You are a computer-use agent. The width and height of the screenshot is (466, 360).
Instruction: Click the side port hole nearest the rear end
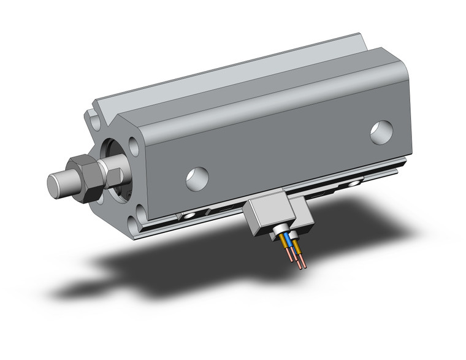point(381,132)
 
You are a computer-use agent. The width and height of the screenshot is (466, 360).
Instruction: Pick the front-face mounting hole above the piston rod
point(133,146)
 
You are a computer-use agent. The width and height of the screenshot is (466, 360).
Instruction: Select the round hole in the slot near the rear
point(354,183)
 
